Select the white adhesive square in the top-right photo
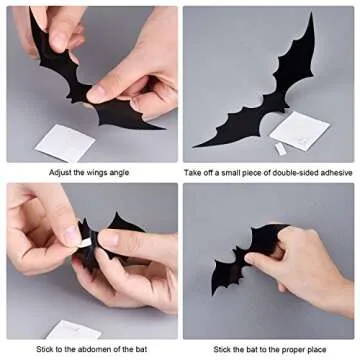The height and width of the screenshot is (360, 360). [x=299, y=129]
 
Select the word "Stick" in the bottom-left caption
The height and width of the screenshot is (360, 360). [x=48, y=349]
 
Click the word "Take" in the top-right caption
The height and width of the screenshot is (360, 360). [x=195, y=172]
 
